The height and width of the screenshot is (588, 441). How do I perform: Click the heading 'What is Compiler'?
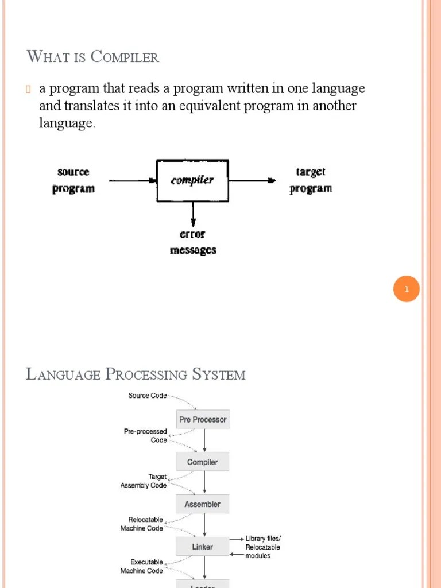[92, 57]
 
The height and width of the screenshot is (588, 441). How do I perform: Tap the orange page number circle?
[407, 289]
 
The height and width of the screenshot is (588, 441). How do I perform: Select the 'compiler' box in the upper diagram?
[192, 180]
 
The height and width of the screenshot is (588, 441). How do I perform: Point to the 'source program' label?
[73, 180]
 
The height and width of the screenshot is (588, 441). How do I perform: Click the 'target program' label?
[311, 180]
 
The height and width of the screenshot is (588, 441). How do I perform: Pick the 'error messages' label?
[193, 242]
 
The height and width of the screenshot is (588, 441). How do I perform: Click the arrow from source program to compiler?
[133, 180]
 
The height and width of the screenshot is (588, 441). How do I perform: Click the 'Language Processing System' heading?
[136, 375]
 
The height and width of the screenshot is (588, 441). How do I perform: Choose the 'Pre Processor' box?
[203, 420]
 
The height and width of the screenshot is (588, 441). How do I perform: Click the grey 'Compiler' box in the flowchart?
[203, 462]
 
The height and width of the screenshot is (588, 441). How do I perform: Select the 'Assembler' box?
[203, 504]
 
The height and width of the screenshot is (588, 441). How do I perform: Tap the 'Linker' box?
[203, 547]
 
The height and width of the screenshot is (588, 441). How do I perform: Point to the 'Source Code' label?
[147, 396]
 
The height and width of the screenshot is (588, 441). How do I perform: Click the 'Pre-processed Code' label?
[145, 436]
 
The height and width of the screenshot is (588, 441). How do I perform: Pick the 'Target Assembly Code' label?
[144, 481]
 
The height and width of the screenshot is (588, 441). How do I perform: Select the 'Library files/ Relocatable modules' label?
[263, 547]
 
